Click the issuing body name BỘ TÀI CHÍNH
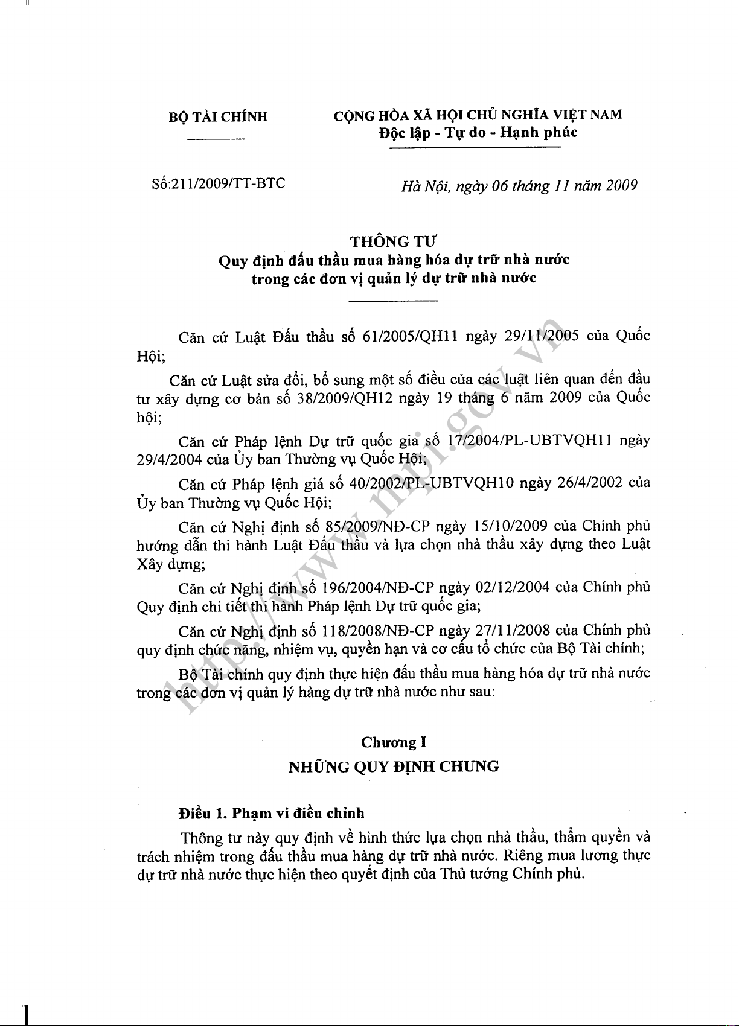coord(218,117)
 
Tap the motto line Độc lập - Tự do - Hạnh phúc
coord(478,132)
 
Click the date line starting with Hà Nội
coord(519,185)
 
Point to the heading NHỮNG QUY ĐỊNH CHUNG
coord(394,766)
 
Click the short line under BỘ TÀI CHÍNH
coord(216,141)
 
